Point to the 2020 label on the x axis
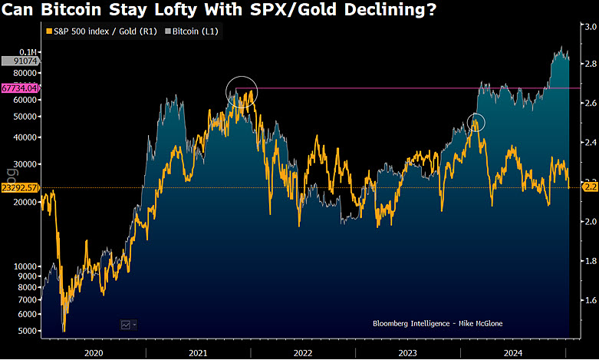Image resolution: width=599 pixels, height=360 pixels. click(x=92, y=352)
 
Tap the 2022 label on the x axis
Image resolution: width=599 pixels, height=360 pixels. click(x=302, y=352)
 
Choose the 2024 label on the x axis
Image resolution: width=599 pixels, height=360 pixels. click(x=512, y=352)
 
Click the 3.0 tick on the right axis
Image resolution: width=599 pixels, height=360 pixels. click(x=591, y=27)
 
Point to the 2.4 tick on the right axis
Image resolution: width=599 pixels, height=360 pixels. click(x=591, y=143)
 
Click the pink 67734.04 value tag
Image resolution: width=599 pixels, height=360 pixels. click(x=20, y=88)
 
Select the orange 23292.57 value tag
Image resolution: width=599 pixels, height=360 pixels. click(x=20, y=187)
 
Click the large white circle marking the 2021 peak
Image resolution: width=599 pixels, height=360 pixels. click(x=242, y=92)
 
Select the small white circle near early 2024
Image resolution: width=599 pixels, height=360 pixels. click(x=476, y=121)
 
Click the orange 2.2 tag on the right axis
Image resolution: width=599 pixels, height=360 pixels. click(x=591, y=187)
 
